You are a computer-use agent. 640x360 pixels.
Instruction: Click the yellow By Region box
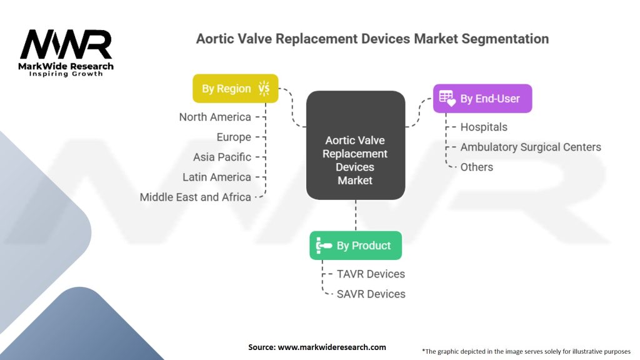(x=236, y=88)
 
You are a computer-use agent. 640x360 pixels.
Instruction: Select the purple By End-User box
(x=482, y=98)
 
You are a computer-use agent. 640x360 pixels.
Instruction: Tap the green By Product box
(x=356, y=245)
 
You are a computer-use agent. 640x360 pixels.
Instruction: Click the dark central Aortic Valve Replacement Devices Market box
(x=356, y=145)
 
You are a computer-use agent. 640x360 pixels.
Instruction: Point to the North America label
(x=215, y=117)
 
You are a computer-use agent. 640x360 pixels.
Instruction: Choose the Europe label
(x=234, y=137)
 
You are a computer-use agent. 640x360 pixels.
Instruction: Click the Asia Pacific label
(x=222, y=157)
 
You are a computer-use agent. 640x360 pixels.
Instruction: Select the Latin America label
(x=217, y=177)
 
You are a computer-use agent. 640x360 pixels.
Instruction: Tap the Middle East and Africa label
(x=196, y=197)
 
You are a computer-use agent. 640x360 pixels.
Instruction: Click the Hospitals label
(x=484, y=127)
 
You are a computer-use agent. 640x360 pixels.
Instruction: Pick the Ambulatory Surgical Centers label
(x=531, y=147)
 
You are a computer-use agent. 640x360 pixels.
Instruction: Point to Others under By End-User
(x=477, y=167)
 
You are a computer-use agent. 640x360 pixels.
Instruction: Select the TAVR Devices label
(x=371, y=274)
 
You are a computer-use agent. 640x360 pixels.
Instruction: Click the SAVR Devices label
(x=371, y=294)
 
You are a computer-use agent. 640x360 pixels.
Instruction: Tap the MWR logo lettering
(x=66, y=44)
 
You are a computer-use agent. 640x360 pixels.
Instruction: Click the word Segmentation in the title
(x=505, y=39)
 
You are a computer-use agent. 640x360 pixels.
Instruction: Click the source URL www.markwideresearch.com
(x=332, y=347)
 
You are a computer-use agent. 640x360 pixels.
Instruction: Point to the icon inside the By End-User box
(x=447, y=98)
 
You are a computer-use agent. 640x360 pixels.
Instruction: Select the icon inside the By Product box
(x=324, y=245)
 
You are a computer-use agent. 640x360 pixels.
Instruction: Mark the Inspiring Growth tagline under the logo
(x=66, y=74)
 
